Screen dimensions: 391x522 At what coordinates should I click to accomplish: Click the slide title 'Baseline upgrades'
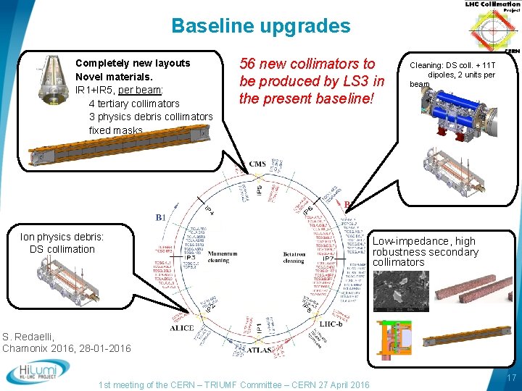click(x=260, y=27)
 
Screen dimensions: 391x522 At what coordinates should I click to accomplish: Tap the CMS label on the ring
click(x=257, y=164)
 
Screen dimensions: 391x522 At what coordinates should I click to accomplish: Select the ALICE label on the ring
click(x=181, y=328)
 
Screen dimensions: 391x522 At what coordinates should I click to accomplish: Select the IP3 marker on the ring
click(x=190, y=257)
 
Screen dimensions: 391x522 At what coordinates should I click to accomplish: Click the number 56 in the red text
click(x=249, y=64)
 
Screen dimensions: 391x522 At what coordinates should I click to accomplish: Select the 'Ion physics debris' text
click(x=62, y=237)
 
